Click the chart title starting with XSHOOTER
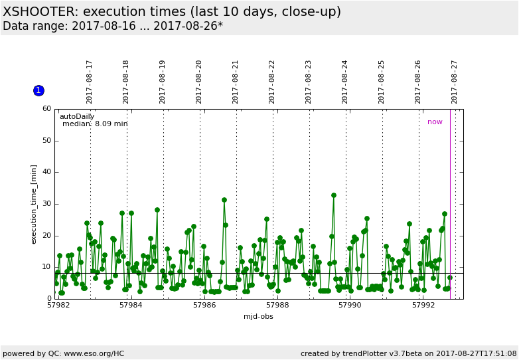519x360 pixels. click(172, 12)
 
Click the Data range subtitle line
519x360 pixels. click(113, 27)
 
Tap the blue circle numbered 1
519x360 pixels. click(38, 90)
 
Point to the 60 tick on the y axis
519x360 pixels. click(46, 109)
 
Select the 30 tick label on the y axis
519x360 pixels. click(46, 204)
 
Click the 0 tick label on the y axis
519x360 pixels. click(49, 299)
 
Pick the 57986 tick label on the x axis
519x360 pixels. click(204, 306)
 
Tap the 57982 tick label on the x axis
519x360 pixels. click(58, 306)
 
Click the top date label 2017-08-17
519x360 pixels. click(90, 82)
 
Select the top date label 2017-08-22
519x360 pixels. click(272, 82)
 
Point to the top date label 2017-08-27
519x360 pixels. click(455, 82)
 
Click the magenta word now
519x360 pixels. click(435, 122)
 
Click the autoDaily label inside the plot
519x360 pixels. click(77, 116)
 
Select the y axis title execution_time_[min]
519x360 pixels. click(34, 204)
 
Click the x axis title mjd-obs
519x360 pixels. click(258, 316)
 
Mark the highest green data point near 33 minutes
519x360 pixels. click(334, 195)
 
